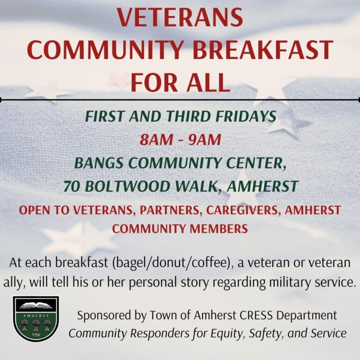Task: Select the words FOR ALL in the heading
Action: click(x=180, y=82)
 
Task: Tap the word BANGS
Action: click(x=99, y=164)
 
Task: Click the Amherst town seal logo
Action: click(x=36, y=319)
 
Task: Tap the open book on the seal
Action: click(x=36, y=305)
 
